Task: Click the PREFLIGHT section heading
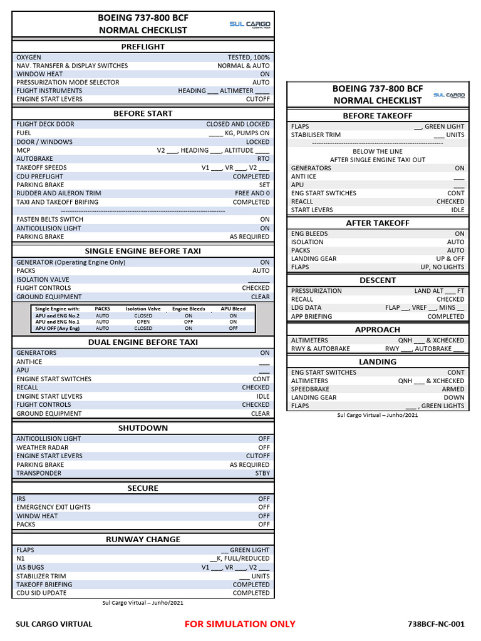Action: [x=143, y=46]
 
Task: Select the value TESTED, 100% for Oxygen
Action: [x=249, y=57]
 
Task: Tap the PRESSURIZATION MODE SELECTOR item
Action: [x=68, y=82]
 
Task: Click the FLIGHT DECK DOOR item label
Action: [x=45, y=125]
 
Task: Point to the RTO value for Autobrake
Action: [x=263, y=159]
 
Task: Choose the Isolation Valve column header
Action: [x=143, y=309]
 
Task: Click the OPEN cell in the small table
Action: [x=143, y=322]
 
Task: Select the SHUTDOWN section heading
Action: [x=143, y=428]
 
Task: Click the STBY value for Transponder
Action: [x=262, y=473]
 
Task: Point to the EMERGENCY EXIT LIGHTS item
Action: [x=53, y=507]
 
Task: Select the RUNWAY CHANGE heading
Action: [x=143, y=539]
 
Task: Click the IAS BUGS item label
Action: [x=30, y=567]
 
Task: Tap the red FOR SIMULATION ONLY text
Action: [x=240, y=623]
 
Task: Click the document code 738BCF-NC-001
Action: [x=436, y=624]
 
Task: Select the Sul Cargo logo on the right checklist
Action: [x=448, y=95]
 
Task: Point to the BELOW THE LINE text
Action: [x=378, y=151]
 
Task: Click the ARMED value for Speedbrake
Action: [x=453, y=389]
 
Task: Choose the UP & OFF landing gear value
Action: [x=450, y=259]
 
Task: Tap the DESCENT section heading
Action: [x=378, y=280]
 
